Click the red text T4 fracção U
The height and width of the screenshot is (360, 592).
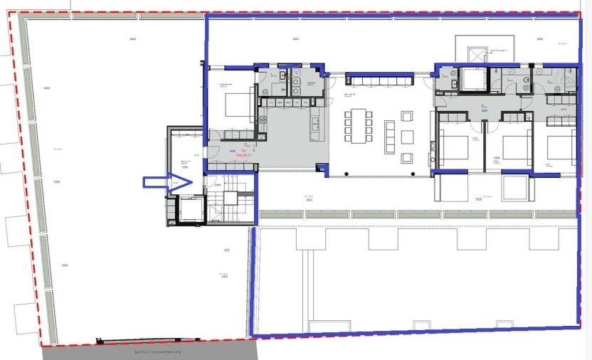(243, 153)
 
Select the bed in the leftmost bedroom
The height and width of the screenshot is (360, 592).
(237, 106)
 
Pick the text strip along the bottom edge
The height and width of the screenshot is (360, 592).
(158, 351)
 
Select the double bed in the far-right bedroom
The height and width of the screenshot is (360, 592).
(561, 147)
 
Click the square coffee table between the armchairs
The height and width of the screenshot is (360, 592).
(407, 137)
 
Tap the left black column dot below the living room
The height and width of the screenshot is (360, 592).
(346, 174)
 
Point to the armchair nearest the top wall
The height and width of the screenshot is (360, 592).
(407, 116)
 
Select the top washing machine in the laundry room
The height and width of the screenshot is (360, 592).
(295, 79)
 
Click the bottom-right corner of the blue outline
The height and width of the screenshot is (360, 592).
(579, 327)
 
